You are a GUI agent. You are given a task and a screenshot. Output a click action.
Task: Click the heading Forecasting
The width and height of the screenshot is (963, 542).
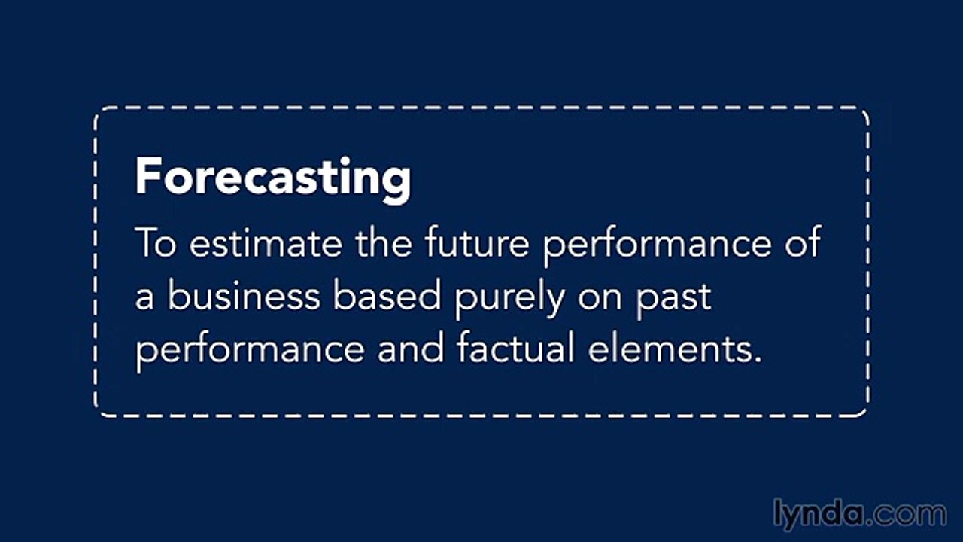tap(272, 178)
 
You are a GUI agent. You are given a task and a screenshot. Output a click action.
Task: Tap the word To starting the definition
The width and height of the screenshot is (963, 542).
tap(155, 244)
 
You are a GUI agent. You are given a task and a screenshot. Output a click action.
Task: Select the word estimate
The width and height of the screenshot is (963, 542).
tap(264, 244)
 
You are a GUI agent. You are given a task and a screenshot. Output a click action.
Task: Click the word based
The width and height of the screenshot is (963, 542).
tap(387, 297)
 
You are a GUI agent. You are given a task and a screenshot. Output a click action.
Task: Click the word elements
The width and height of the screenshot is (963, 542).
tap(667, 349)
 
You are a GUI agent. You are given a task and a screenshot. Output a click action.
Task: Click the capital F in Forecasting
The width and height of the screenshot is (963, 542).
tap(147, 178)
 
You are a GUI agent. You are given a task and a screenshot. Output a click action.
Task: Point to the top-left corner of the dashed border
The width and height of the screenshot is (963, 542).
tap(98, 111)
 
